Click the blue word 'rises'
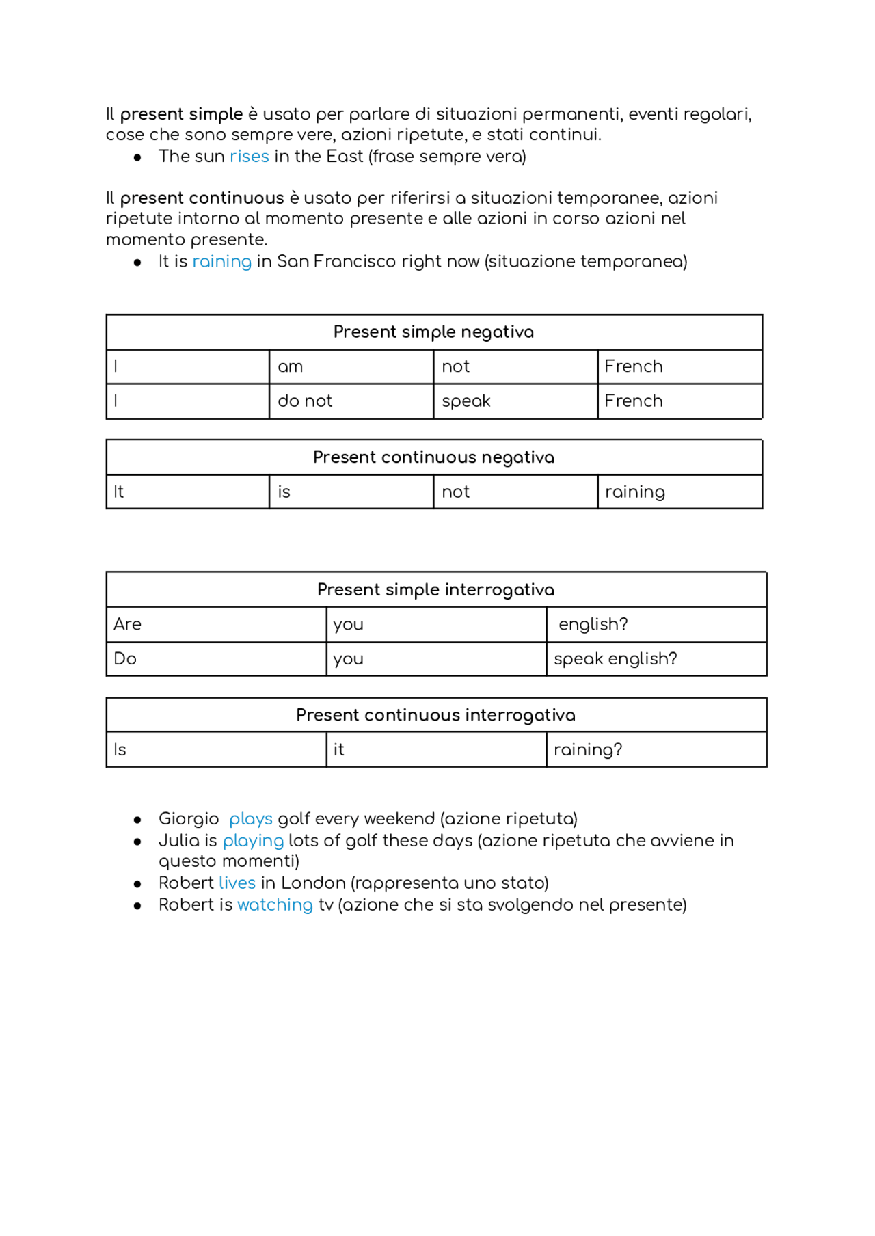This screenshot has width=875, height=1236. (249, 157)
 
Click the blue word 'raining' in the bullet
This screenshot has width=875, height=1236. (221, 262)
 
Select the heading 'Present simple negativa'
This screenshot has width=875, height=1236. (433, 332)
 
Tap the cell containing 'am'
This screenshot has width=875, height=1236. (351, 367)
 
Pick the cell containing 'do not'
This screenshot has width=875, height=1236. (351, 401)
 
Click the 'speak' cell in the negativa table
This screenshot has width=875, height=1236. (515, 401)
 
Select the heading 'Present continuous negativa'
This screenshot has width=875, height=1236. (433, 457)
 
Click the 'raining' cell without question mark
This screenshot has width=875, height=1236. (679, 492)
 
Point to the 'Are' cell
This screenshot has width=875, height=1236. (215, 625)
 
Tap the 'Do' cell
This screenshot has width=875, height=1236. (215, 659)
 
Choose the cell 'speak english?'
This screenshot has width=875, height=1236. (656, 659)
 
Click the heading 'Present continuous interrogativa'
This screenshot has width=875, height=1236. (435, 715)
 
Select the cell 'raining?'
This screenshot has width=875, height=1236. (656, 750)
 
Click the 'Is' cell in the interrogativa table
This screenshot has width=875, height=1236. (215, 750)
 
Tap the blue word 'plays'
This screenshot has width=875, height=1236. (250, 819)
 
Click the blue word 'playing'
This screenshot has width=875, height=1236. (253, 841)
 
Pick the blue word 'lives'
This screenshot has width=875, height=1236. (237, 883)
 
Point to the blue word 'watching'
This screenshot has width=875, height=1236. (275, 905)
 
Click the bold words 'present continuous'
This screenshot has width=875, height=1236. (202, 198)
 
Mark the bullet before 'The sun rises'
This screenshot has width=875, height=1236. (137, 157)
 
